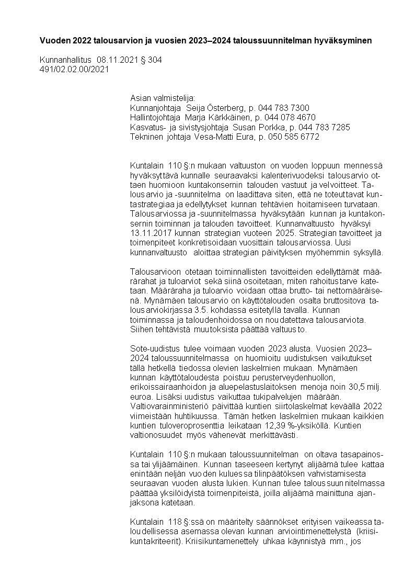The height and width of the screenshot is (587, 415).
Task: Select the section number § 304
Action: tap(152, 60)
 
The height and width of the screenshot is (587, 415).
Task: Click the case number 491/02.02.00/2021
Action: tap(74, 70)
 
